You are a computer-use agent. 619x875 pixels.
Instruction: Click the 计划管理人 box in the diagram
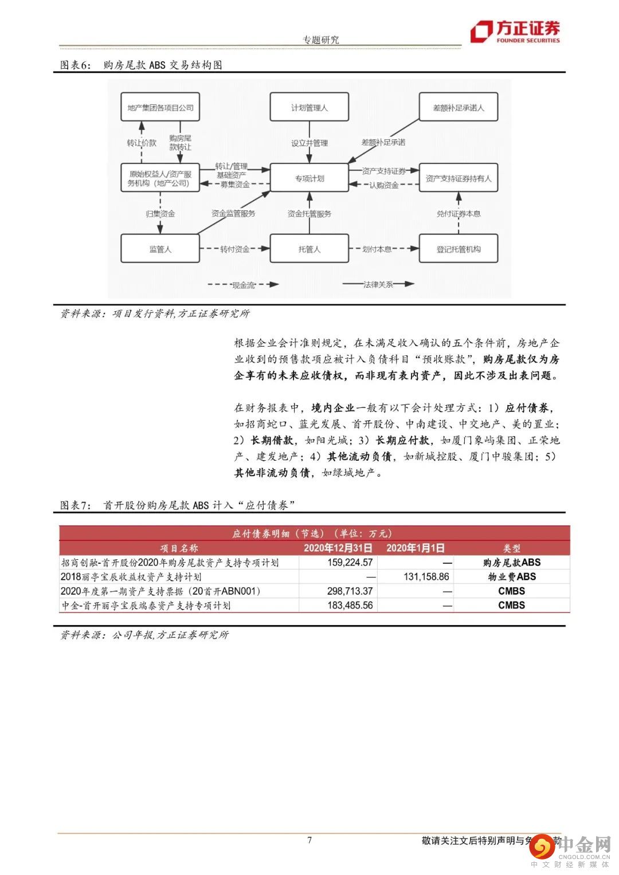click(x=309, y=107)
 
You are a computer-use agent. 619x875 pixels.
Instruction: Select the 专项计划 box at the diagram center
click(x=309, y=178)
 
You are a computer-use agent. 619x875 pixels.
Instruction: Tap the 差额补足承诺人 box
click(x=459, y=107)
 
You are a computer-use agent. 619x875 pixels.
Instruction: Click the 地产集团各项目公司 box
click(x=160, y=107)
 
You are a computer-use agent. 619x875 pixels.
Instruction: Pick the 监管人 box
click(x=160, y=249)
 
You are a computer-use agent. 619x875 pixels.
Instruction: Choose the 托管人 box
click(x=309, y=249)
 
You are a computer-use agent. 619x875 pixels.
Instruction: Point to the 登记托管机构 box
click(x=459, y=249)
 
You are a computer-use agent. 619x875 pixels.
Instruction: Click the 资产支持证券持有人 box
click(x=459, y=178)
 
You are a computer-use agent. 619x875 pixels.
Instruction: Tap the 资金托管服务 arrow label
click(x=309, y=214)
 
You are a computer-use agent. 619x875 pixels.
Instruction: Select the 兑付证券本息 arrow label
click(x=459, y=214)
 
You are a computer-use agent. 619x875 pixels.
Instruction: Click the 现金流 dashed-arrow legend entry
click(x=243, y=285)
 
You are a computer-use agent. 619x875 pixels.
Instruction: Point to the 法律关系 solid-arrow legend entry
click(x=378, y=284)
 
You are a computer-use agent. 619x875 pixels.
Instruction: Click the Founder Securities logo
click(x=515, y=32)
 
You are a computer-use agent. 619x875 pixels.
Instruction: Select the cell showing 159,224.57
click(x=350, y=563)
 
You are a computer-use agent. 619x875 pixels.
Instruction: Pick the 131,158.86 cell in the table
click(x=426, y=577)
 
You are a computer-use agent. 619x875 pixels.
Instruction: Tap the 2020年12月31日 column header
click(x=338, y=548)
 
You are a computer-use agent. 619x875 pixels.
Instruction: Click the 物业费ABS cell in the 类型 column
click(x=511, y=577)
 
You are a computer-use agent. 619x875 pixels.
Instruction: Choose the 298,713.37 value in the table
click(x=350, y=591)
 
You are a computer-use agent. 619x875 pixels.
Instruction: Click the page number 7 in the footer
click(x=309, y=840)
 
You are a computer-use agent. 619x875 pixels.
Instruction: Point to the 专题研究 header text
click(x=320, y=40)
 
